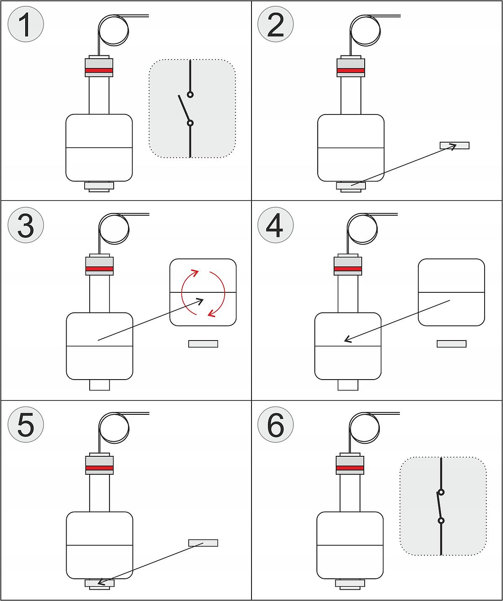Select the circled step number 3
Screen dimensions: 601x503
coord(26,225)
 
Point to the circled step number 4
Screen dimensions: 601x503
coord(275,225)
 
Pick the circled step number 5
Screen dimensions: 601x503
coord(26,424)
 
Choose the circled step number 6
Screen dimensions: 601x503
coord(275,424)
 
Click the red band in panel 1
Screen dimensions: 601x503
coord(99,70)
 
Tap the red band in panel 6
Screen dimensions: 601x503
coord(350,468)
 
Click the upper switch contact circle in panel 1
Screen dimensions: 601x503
coord(190,94)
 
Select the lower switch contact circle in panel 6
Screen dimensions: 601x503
coord(441,521)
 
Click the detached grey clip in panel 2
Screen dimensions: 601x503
coord(454,146)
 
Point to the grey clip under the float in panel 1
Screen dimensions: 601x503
coord(99,185)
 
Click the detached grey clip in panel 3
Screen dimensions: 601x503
coord(203,344)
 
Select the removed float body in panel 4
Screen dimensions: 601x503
coord(451,292)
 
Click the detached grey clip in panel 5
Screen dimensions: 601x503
coord(203,543)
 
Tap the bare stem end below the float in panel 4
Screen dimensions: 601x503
coord(348,385)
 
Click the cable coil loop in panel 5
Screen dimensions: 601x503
coord(114,429)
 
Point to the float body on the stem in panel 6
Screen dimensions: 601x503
coord(350,545)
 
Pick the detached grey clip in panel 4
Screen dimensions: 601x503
coord(451,344)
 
